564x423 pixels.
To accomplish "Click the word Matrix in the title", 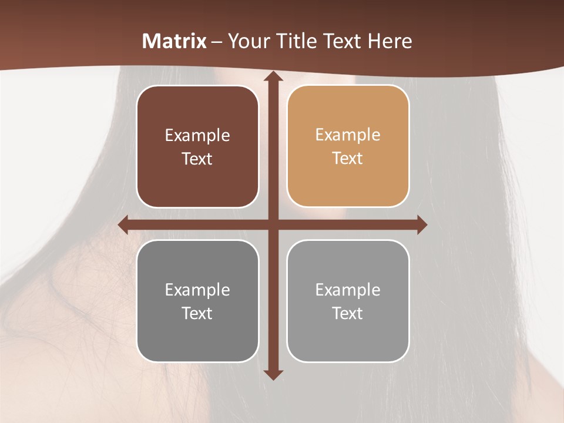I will [x=174, y=41].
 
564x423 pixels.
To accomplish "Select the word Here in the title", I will [x=390, y=41].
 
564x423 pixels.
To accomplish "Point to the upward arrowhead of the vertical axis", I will [x=273, y=76].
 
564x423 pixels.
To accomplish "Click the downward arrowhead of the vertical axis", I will [x=273, y=374].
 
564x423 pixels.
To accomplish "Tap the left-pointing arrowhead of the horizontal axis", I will [x=123, y=225].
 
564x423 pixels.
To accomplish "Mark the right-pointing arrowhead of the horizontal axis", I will [x=422, y=225].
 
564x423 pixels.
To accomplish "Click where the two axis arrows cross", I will [x=273, y=225].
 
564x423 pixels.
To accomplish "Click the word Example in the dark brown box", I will [x=197, y=136].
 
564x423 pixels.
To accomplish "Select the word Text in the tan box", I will [x=348, y=158].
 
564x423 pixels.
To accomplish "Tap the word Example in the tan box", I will [x=348, y=135].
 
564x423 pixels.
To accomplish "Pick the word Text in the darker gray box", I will [x=197, y=313].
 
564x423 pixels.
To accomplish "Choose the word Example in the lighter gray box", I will [x=348, y=290].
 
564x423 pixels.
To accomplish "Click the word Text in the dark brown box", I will [x=197, y=159].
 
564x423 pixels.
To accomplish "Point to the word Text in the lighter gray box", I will [x=348, y=313].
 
